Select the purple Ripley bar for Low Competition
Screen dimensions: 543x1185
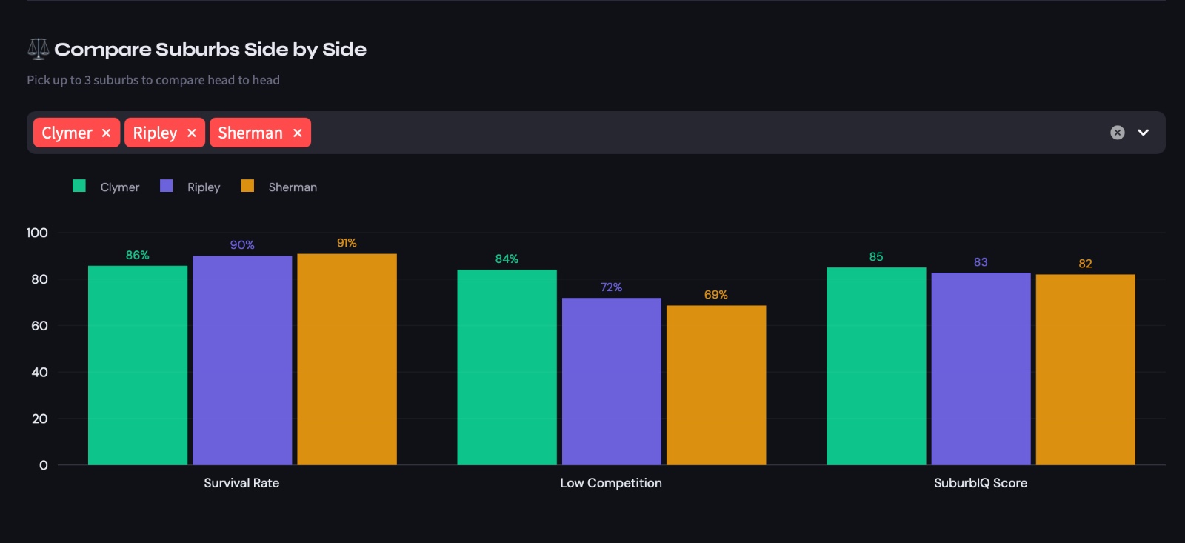[x=611, y=382]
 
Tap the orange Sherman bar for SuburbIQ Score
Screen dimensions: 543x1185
[x=1085, y=370]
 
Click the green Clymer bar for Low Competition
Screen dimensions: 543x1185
[x=507, y=367]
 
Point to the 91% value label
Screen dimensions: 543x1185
[x=347, y=243]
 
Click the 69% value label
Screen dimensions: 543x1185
[x=715, y=295]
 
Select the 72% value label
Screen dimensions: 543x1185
[x=611, y=287]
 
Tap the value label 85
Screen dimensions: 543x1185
[x=876, y=257]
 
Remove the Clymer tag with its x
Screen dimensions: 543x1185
[x=106, y=133]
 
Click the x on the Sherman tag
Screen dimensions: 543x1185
[x=297, y=133]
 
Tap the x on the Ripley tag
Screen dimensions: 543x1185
[x=191, y=133]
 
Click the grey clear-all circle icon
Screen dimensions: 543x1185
[x=1118, y=133]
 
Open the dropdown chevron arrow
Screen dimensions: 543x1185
[x=1143, y=133]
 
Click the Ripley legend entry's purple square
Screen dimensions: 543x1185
[x=167, y=186]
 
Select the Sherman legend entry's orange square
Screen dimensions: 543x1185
[x=247, y=186]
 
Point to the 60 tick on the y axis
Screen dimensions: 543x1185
[x=39, y=326]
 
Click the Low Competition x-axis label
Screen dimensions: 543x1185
[x=611, y=483]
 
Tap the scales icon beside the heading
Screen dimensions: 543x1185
[x=38, y=49]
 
